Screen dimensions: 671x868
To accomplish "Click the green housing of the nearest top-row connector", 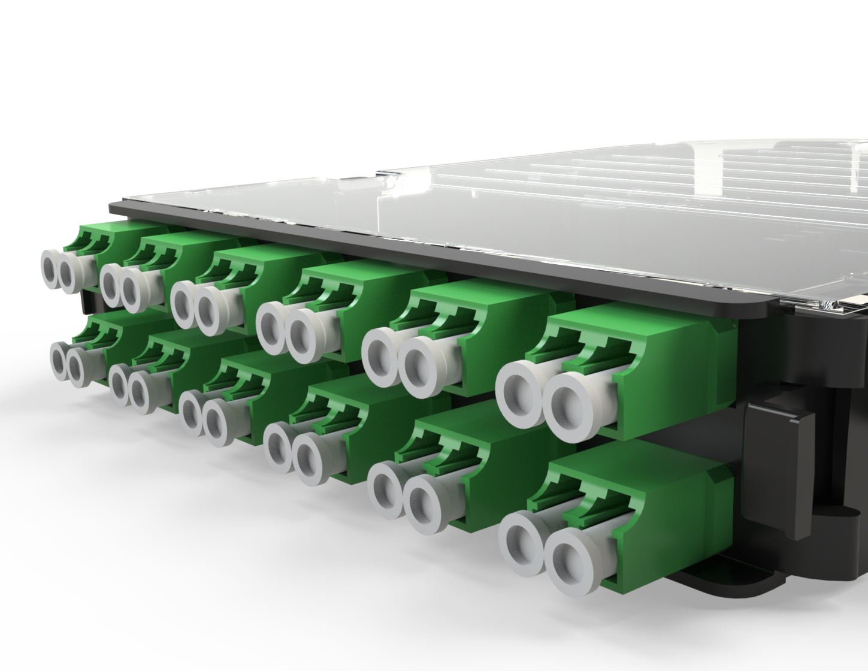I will [671, 383].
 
